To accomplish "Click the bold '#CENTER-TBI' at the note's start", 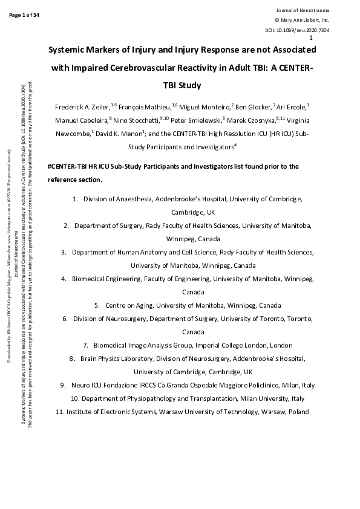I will (x=68, y=166).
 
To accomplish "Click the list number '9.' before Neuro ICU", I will (x=63, y=385).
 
